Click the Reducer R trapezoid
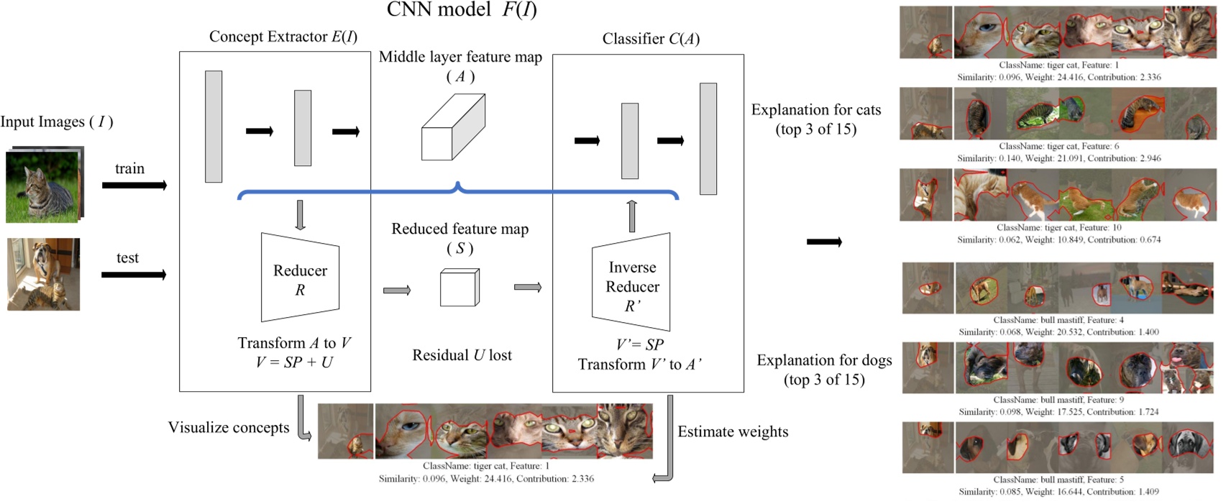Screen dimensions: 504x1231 (x=300, y=278)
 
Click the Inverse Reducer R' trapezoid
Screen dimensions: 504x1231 (x=631, y=282)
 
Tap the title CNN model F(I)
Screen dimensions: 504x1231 (x=462, y=9)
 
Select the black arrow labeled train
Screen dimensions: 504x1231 (x=134, y=185)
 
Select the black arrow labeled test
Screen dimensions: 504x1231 (x=134, y=275)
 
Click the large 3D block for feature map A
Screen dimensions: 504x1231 (x=453, y=127)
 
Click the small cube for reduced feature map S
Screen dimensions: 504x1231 (x=459, y=288)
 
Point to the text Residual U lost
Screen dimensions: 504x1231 (x=462, y=355)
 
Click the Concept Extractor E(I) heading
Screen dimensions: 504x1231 (x=283, y=37)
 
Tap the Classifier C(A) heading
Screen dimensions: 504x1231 (x=651, y=39)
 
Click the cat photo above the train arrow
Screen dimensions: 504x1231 (x=43, y=185)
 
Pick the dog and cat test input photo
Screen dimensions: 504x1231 (x=43, y=275)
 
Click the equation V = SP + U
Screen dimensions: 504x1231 (x=294, y=362)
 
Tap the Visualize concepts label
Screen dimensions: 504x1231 (x=229, y=428)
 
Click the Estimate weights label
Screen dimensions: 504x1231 (x=733, y=432)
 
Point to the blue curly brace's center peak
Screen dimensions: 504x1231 (x=458, y=186)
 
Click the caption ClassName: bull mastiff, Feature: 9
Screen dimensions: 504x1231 (x=1058, y=400)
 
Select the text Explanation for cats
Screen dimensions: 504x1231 (x=815, y=110)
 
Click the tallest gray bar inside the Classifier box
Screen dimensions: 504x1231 (x=708, y=139)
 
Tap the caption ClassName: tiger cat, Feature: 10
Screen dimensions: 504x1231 (x=1058, y=227)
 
